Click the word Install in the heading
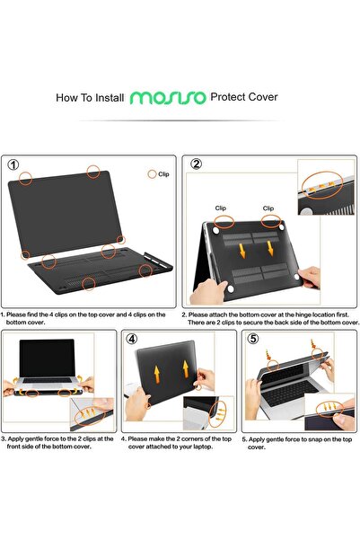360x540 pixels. pyautogui.click(x=109, y=95)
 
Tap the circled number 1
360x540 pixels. pyautogui.click(x=13, y=165)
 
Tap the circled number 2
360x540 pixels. pyautogui.click(x=196, y=165)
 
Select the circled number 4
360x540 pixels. pyautogui.click(x=131, y=340)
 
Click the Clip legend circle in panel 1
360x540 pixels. pyautogui.click(x=152, y=173)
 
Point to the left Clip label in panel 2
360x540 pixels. pyautogui.click(x=221, y=208)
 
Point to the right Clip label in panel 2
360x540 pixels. pyautogui.click(x=268, y=208)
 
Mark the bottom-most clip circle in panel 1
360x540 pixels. pyautogui.click(x=88, y=285)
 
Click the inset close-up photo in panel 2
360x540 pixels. pyautogui.click(x=328, y=186)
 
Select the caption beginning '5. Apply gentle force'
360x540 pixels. pyautogui.click(x=296, y=442)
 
